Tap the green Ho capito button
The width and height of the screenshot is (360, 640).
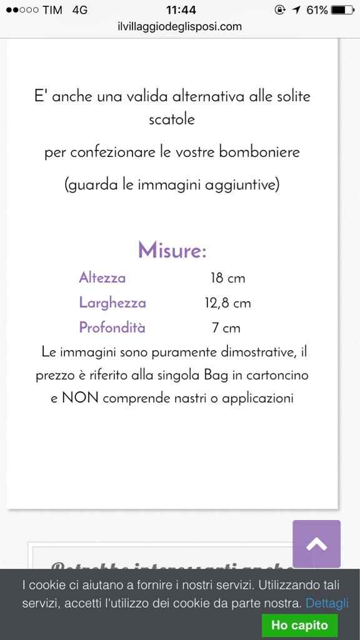[x=299, y=624]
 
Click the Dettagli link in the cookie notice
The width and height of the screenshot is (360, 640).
[x=327, y=604]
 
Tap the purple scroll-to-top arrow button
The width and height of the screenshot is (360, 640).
[x=317, y=544]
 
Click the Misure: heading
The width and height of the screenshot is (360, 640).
[x=172, y=251]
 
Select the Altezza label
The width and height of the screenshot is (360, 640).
[x=102, y=278]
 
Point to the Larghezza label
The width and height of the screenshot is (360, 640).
[x=112, y=303]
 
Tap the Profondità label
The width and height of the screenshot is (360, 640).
[x=112, y=327]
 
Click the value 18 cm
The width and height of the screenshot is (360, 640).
[x=227, y=278]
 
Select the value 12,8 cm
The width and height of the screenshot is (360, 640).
[x=227, y=303]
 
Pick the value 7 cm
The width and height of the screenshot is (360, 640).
[x=226, y=327]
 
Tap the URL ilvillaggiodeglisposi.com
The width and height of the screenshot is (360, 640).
[x=179, y=26]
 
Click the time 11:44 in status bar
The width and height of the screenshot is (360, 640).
[x=181, y=10]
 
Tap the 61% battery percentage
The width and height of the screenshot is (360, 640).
[x=317, y=10]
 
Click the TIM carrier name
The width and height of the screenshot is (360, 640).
[x=52, y=10]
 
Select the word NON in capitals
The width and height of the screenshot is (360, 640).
[x=80, y=398]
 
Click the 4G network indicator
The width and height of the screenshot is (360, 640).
[x=79, y=10]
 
